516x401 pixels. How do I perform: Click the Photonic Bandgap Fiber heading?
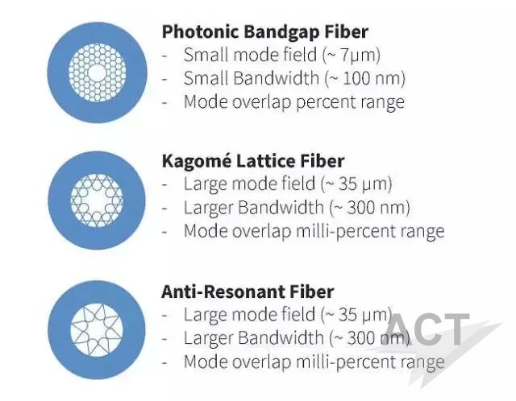[265, 32]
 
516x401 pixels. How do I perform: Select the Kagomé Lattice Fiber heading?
[253, 161]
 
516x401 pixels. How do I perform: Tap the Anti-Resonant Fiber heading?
[248, 291]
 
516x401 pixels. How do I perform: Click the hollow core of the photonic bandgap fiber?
[97, 73]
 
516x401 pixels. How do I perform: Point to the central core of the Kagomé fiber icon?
[97, 200]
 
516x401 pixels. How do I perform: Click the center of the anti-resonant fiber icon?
[97, 329]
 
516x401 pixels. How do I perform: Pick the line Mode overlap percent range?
[293, 102]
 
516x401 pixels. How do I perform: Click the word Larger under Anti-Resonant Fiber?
[208, 338]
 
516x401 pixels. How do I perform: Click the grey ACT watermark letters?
[427, 329]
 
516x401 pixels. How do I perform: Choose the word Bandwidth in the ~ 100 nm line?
[276, 79]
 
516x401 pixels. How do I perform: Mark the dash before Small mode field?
[165, 56]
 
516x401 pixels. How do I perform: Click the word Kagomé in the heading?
[196, 161]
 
